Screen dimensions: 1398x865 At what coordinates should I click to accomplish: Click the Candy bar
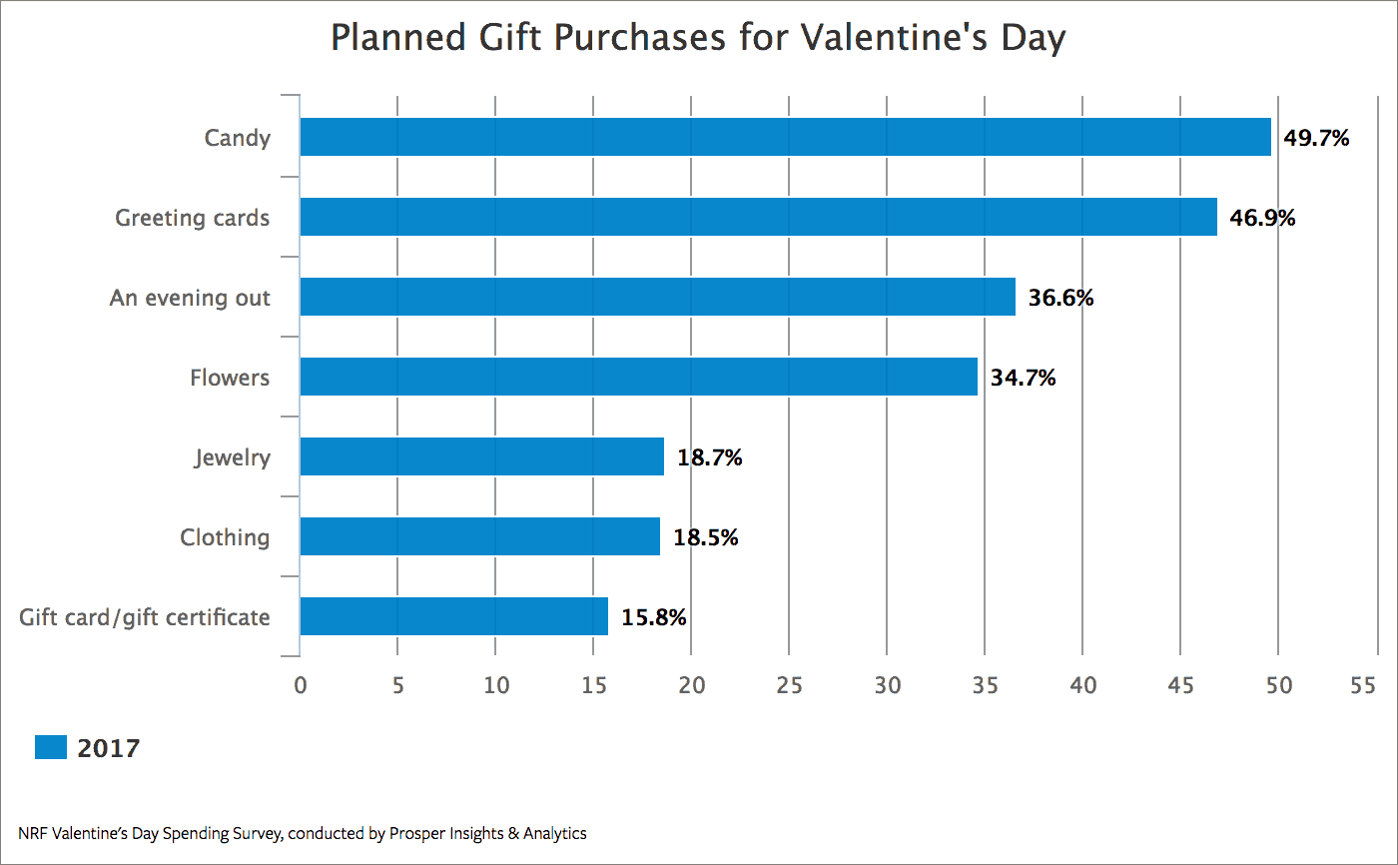786,137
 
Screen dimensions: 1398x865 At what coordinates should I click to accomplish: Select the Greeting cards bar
758,217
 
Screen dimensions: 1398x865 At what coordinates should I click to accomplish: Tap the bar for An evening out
658,297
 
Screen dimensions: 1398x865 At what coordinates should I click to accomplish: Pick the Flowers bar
639,377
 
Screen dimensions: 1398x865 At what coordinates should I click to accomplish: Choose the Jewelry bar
481,456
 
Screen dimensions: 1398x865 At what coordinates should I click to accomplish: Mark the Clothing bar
480,536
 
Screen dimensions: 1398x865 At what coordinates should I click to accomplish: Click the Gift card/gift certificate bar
453,616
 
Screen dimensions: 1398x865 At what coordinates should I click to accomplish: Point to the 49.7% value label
1316,138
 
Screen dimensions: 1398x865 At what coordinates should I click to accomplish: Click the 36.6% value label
1060,298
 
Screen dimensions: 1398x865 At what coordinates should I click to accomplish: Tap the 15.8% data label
654,617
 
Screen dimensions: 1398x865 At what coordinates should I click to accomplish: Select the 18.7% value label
710,457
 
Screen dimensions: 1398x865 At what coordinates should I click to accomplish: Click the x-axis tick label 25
789,685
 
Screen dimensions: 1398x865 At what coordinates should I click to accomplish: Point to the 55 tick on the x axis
1363,685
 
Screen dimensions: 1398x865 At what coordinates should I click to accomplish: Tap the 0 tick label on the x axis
301,685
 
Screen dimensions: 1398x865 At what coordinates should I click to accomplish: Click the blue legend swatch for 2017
51,747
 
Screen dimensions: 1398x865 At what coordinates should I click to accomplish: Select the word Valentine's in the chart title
895,37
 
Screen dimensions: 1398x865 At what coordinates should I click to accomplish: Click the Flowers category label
230,378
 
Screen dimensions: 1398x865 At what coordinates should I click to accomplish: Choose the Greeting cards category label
192,218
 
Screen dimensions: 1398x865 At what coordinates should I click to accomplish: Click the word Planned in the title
398,37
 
